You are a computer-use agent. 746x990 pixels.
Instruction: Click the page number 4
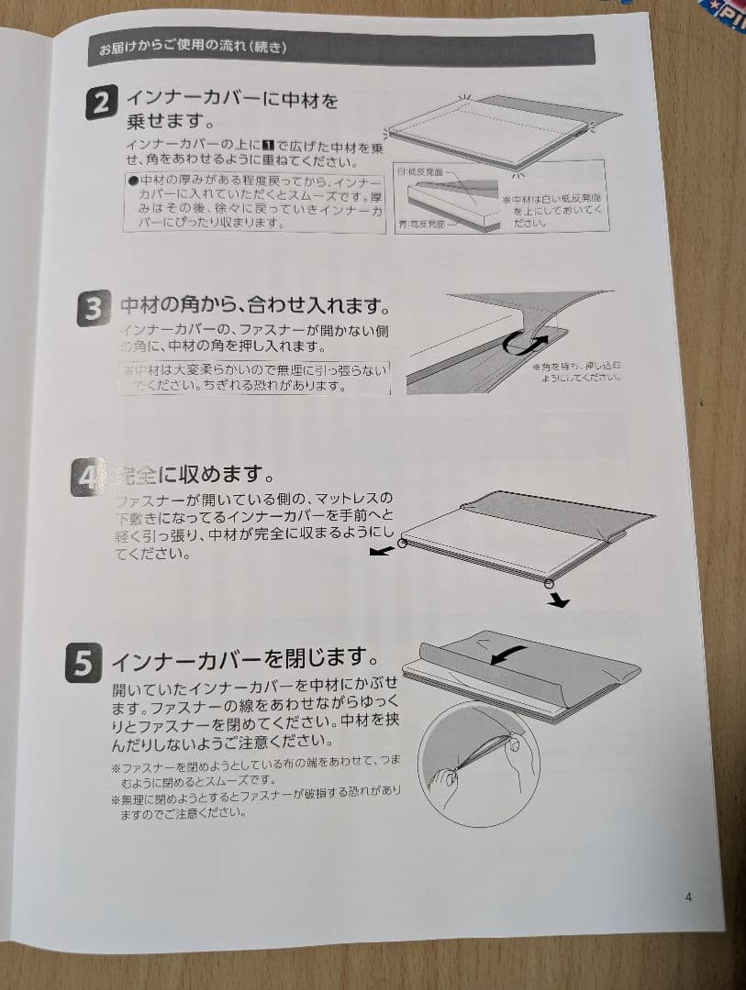688,896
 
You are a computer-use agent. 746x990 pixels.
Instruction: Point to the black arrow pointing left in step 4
379,553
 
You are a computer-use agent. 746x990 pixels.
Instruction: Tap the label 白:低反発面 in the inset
422,171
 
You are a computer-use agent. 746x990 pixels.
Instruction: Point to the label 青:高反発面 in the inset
423,223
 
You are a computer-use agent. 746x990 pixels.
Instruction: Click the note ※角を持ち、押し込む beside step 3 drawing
577,371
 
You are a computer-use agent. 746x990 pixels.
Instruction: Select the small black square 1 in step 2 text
269,147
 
